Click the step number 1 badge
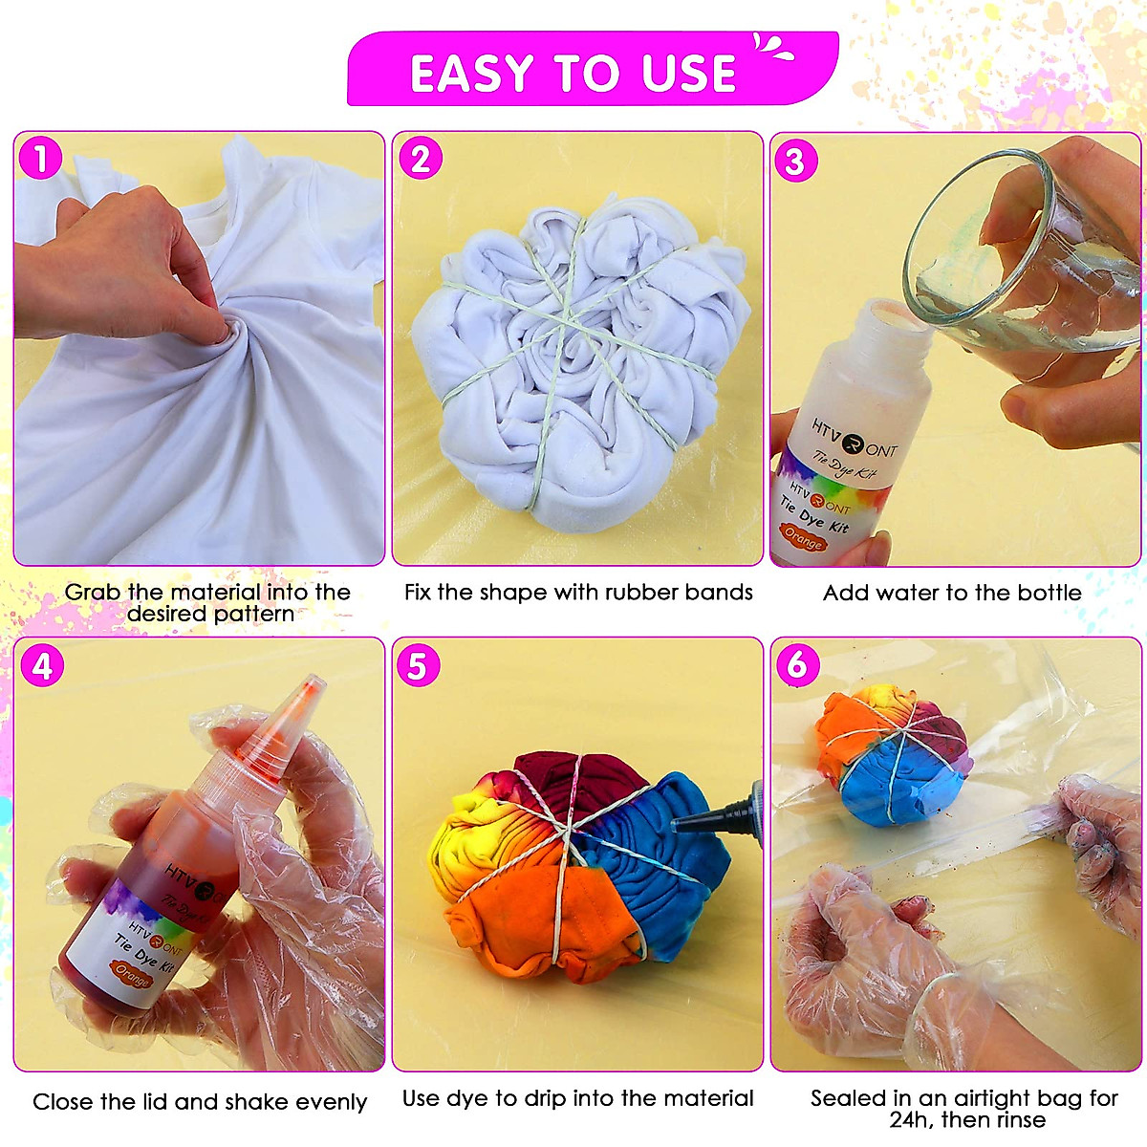(x=41, y=159)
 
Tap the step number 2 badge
(x=420, y=159)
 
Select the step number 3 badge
(x=795, y=162)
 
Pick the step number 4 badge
(x=41, y=665)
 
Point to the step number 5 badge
(x=418, y=666)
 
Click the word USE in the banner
(x=688, y=74)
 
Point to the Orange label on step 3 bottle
(x=803, y=539)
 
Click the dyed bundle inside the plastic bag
(x=889, y=755)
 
